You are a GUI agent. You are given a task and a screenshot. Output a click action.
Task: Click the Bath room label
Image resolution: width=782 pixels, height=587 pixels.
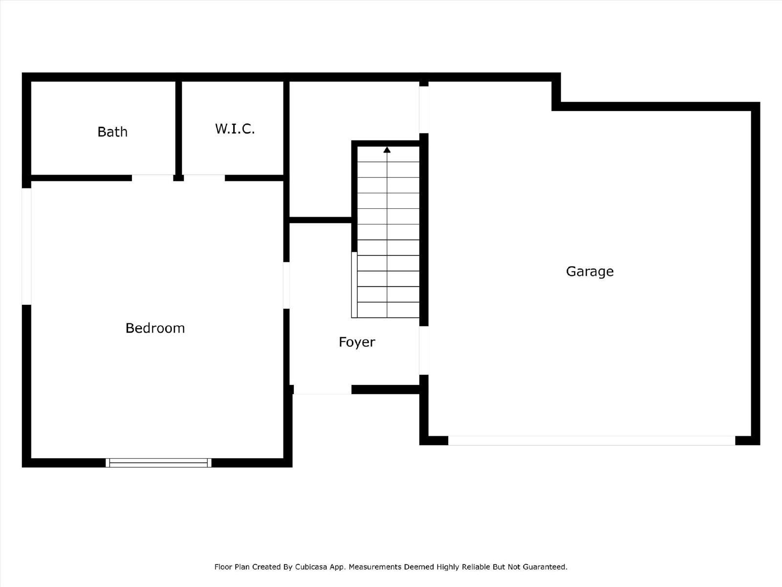click(x=112, y=132)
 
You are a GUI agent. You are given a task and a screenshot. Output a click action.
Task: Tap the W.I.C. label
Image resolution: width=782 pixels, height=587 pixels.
click(x=235, y=129)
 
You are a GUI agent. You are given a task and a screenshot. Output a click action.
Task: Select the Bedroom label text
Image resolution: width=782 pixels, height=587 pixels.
click(x=155, y=328)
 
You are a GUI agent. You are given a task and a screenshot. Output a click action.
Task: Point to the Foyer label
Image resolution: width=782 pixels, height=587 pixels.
click(x=357, y=342)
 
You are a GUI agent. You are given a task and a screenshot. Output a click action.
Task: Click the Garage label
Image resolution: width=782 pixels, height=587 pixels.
click(x=589, y=271)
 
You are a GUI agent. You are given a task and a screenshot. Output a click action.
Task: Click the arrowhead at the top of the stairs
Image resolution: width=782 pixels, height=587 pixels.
click(x=387, y=150)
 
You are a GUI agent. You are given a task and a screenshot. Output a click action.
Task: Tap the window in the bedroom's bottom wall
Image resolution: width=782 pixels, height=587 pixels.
click(x=158, y=463)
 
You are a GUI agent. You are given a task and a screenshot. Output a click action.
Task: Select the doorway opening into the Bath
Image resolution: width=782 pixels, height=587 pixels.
click(x=152, y=178)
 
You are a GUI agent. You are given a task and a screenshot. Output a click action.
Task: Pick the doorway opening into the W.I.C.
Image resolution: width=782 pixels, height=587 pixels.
click(x=204, y=178)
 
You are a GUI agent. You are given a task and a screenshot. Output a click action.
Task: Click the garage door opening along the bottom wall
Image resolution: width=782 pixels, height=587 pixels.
click(x=592, y=441)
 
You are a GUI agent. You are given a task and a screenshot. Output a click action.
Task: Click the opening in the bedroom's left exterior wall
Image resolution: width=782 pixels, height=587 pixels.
click(x=26, y=246)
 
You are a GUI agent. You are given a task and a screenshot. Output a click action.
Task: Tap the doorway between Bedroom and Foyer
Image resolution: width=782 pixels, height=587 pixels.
click(x=286, y=285)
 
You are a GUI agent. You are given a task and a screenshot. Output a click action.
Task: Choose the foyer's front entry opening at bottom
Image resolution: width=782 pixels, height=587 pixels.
click(x=323, y=389)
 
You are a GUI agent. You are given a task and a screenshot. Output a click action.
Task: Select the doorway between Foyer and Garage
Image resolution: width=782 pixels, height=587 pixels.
click(x=424, y=350)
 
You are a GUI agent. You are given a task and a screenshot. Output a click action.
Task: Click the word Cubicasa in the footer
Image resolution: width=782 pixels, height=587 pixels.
click(x=311, y=566)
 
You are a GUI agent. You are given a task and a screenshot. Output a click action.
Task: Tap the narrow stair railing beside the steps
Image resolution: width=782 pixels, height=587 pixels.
click(x=354, y=285)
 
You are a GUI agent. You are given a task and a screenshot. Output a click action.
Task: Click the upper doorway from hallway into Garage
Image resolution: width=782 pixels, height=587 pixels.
click(x=424, y=110)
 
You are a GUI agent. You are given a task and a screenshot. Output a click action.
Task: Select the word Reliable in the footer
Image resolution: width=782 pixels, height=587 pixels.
click(x=476, y=566)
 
